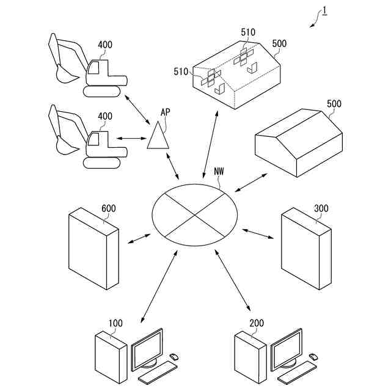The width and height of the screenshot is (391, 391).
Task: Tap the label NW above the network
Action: (x=219, y=172)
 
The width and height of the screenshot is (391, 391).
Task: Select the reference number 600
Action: (x=108, y=208)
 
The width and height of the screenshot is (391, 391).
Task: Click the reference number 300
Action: (x=321, y=208)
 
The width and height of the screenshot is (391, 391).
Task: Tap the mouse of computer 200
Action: (x=314, y=356)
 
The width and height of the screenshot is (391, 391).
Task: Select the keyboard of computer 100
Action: (x=156, y=371)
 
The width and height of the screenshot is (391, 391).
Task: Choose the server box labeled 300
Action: (x=305, y=248)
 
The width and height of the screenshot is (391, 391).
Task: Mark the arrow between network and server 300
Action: (x=259, y=235)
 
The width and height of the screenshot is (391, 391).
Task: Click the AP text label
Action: (x=165, y=112)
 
